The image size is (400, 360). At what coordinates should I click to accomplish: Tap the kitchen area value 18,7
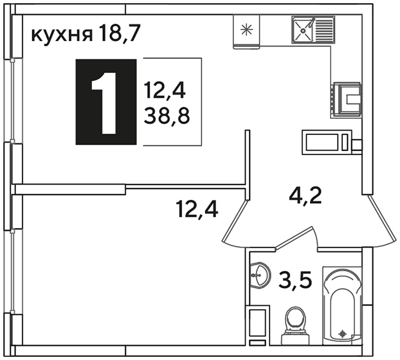(120, 33)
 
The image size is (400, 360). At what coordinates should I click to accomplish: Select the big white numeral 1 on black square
(104, 103)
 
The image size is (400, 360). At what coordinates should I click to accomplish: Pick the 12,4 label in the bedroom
(197, 209)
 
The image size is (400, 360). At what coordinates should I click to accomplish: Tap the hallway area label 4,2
(305, 195)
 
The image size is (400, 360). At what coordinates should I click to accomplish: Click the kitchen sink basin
(303, 30)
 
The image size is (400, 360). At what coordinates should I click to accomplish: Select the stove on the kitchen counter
(347, 100)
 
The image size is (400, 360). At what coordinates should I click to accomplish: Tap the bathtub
(342, 306)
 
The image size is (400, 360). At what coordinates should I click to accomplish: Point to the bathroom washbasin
(260, 275)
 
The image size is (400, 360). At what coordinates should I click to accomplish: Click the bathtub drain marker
(342, 333)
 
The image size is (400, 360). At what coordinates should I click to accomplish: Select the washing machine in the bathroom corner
(257, 323)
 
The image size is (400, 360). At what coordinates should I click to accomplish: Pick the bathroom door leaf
(294, 237)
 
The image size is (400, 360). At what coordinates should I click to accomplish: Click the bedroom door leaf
(235, 221)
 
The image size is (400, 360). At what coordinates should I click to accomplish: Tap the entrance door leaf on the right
(382, 218)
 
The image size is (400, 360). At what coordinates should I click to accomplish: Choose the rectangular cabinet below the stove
(327, 142)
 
